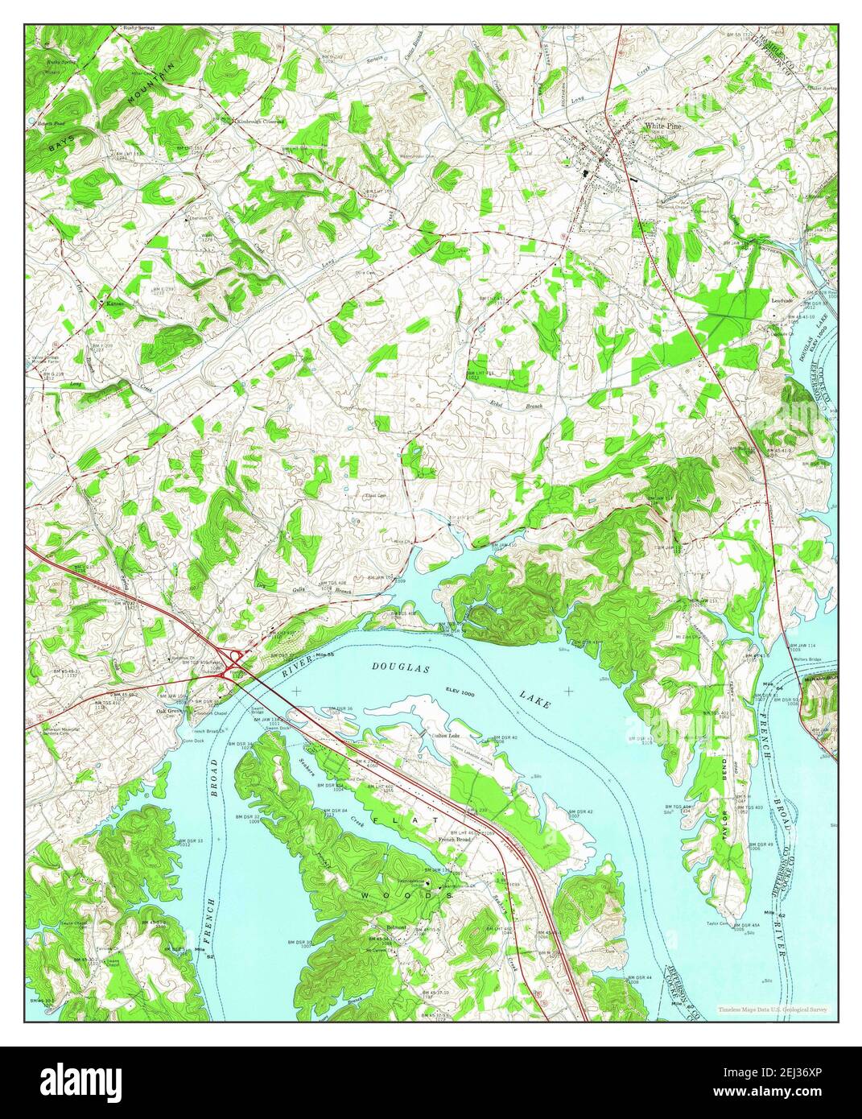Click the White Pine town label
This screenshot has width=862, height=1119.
[662, 126]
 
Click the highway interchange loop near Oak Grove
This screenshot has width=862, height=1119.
[234, 659]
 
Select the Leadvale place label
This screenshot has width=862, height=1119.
[782, 300]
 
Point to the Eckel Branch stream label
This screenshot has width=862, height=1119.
[509, 406]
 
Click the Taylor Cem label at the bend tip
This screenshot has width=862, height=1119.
[718, 923]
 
